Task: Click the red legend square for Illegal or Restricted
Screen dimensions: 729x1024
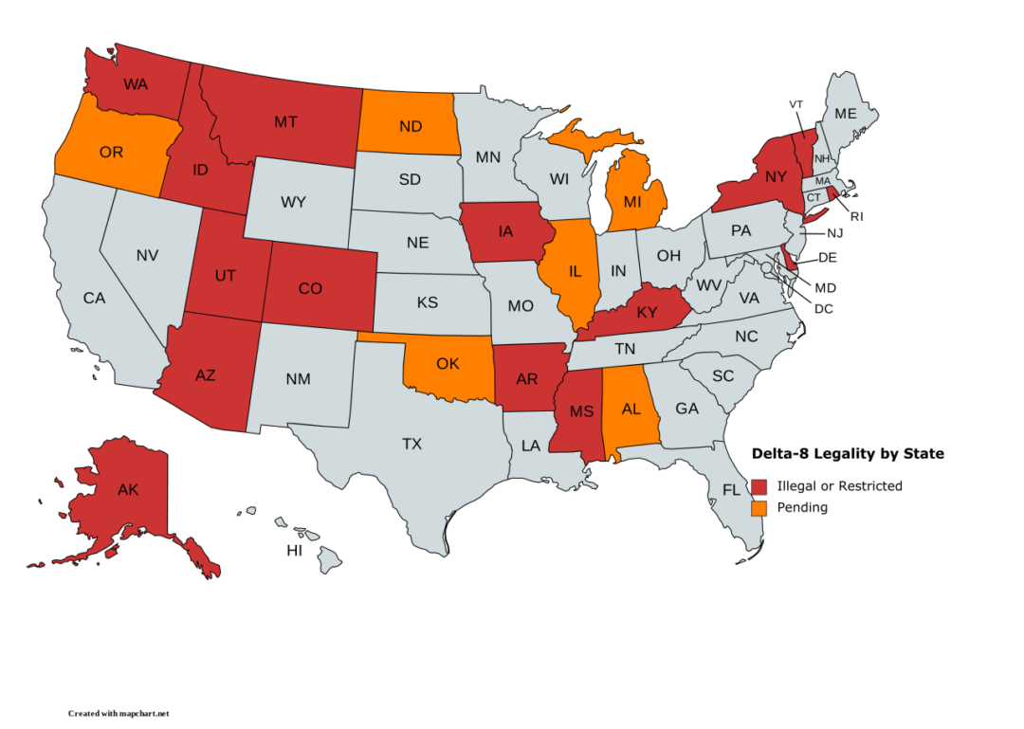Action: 759,486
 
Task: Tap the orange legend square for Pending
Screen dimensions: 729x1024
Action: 759,508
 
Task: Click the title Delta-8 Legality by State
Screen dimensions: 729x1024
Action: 848,454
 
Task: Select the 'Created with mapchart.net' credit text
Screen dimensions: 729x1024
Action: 119,713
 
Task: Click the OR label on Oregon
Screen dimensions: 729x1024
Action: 111,152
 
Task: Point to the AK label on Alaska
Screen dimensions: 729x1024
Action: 127,490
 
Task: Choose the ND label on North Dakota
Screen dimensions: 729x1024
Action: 410,126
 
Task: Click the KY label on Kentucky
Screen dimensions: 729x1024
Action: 647,313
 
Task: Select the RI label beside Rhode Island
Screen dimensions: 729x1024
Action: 856,217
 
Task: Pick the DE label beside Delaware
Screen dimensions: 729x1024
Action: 827,257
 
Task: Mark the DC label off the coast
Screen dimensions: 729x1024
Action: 823,308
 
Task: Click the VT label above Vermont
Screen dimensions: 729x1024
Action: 795,104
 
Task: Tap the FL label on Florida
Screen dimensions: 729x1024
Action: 731,491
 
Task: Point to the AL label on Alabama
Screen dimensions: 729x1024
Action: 631,409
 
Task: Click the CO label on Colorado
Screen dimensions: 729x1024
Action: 310,288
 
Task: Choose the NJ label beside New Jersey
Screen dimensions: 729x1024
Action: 833,233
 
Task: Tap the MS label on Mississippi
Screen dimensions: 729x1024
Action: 581,411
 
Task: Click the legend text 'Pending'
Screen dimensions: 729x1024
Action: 802,508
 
